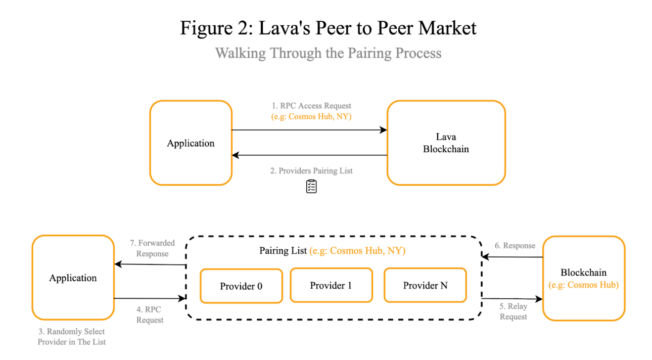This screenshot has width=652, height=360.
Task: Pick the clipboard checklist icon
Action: (311, 187)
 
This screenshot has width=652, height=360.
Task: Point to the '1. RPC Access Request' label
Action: (311, 106)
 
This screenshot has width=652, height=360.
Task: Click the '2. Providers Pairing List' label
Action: (311, 171)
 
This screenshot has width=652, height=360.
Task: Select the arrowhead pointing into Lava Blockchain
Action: (384, 130)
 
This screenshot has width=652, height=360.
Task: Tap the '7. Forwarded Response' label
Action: (152, 248)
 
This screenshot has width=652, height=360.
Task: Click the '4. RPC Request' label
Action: (150, 314)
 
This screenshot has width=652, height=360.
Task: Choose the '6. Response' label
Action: (515, 246)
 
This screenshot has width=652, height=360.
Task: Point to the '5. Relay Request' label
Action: (514, 311)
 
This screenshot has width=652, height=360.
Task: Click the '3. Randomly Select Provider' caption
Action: (72, 336)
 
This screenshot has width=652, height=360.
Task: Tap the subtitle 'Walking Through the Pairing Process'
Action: (328, 53)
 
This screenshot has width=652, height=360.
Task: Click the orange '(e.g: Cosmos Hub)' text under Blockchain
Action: (584, 285)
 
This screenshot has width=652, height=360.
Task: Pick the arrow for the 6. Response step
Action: (513, 257)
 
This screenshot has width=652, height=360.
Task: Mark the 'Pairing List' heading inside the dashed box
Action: (283, 250)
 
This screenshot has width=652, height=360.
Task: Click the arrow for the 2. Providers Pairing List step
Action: (309, 155)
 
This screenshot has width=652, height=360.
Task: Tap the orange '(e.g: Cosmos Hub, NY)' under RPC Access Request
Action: (311, 116)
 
